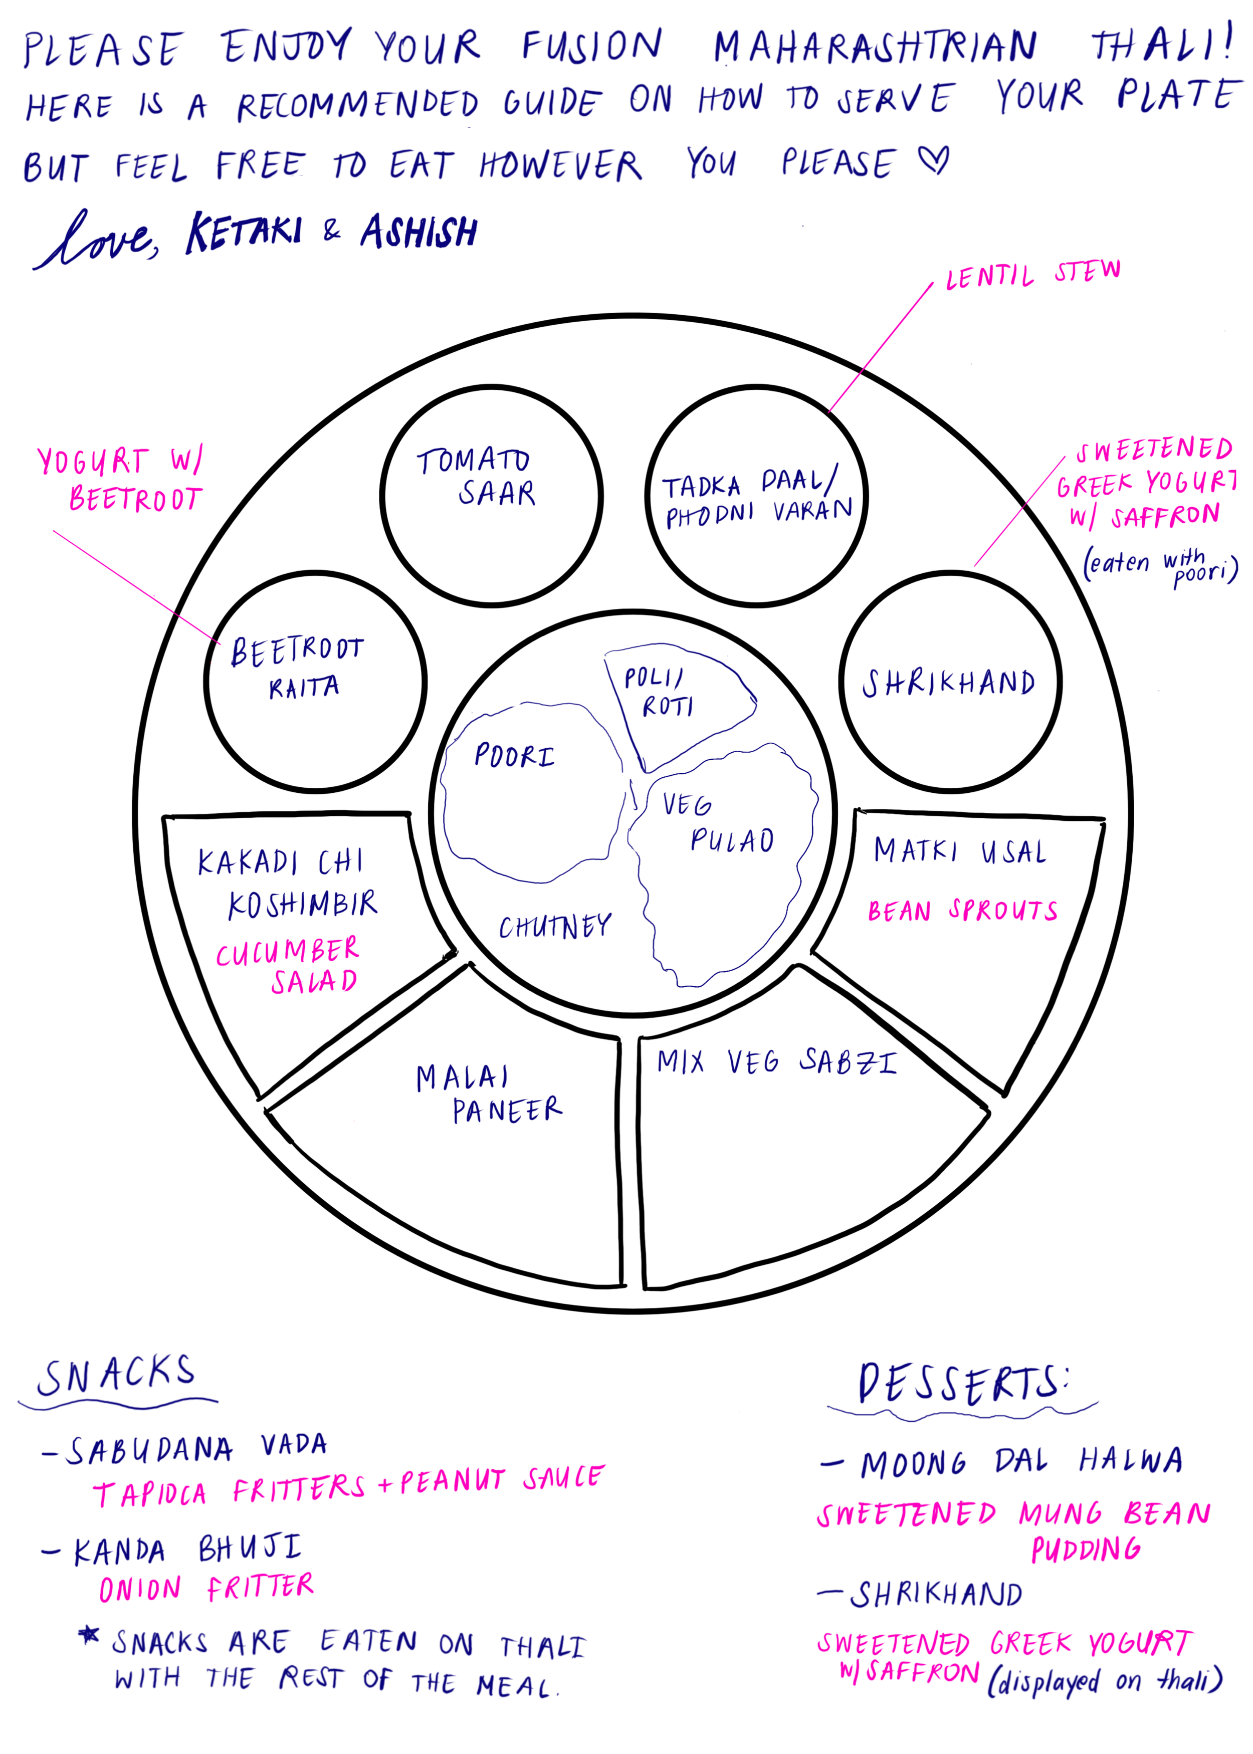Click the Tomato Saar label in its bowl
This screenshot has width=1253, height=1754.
tap(477, 476)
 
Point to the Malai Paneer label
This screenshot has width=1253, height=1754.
tap(489, 1093)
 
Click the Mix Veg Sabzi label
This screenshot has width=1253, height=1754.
tap(776, 1062)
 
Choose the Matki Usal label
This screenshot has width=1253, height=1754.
tap(960, 851)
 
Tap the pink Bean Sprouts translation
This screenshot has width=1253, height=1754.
tap(962, 911)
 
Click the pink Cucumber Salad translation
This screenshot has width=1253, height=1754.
tap(288, 965)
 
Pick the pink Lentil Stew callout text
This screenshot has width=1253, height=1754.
tap(1032, 274)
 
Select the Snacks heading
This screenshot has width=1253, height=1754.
tap(116, 1376)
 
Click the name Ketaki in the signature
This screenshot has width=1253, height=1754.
tap(244, 232)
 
